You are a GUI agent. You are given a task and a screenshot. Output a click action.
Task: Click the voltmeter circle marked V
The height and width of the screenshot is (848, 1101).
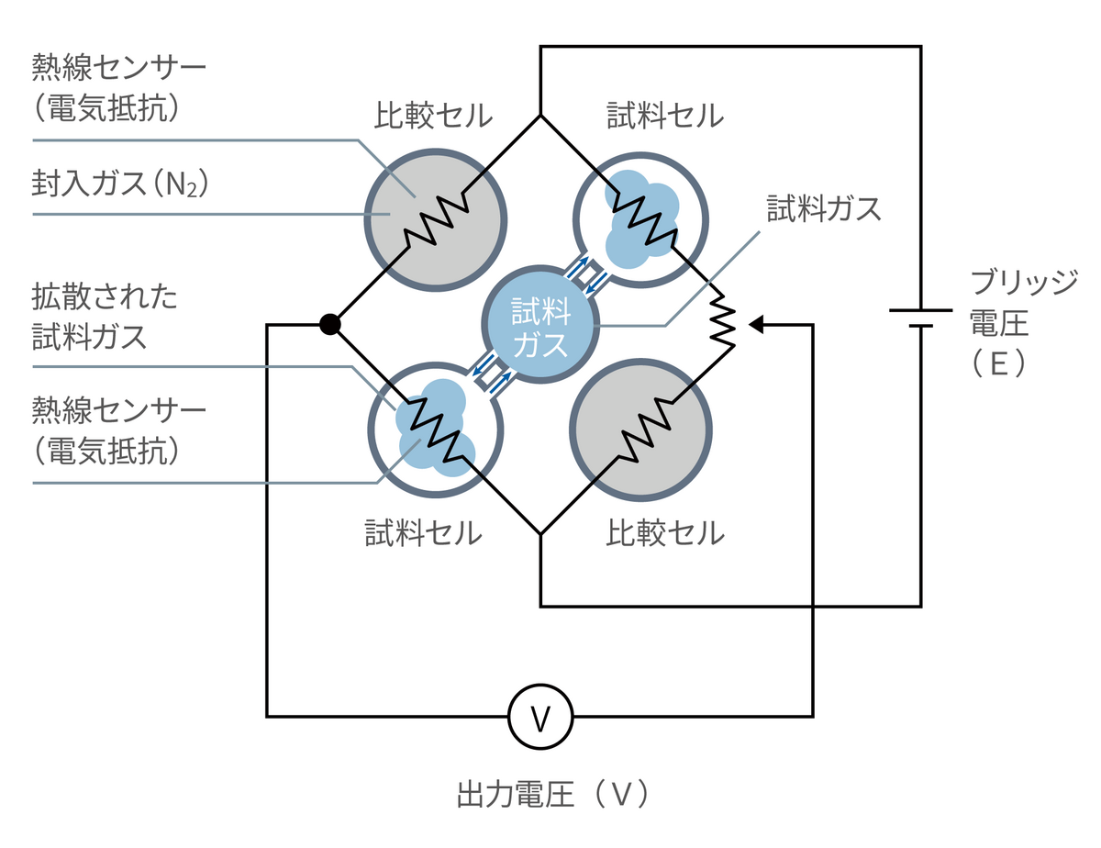point(540,716)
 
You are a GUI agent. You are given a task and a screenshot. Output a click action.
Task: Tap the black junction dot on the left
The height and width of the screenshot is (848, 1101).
point(330,324)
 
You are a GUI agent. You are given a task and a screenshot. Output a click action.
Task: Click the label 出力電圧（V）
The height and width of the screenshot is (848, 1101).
point(553,794)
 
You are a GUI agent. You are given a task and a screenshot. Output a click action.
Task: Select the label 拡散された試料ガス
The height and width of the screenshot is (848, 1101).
point(104,317)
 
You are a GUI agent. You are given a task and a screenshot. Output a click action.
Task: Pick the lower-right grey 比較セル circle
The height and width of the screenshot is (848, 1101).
point(640,430)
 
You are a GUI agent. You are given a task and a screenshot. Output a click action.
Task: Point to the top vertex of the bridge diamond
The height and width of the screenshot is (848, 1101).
point(540,116)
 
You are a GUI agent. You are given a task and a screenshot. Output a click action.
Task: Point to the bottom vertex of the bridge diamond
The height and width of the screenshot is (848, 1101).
point(540,533)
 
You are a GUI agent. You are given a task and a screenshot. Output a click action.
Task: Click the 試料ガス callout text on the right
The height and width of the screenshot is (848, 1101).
point(824,209)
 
